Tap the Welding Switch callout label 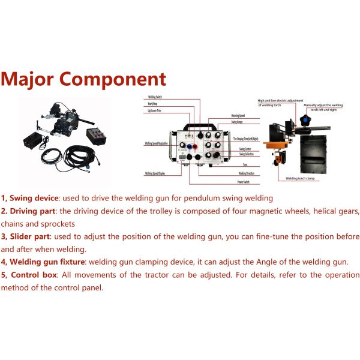(x=155, y=97)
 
